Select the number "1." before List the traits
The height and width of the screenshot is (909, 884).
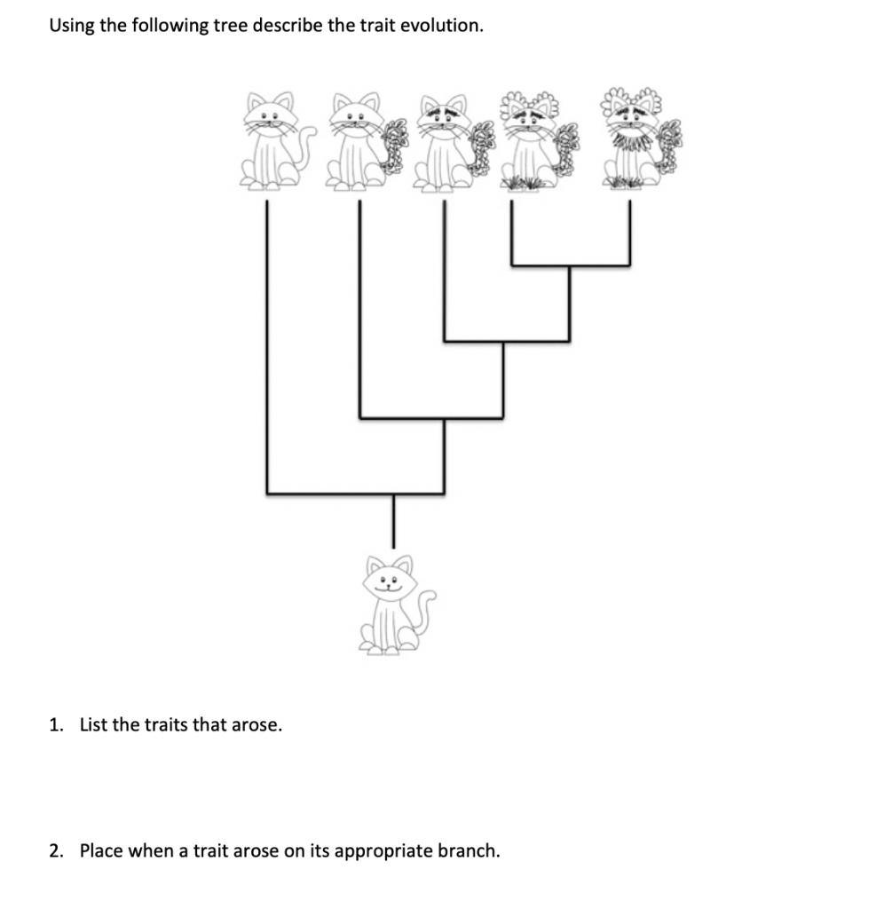pos(57,724)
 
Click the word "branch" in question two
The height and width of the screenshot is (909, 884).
pos(470,850)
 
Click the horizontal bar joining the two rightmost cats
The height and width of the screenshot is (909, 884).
pos(570,265)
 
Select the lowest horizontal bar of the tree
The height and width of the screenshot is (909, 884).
pos(355,494)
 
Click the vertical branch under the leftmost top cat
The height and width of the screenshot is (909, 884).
pos(267,346)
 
